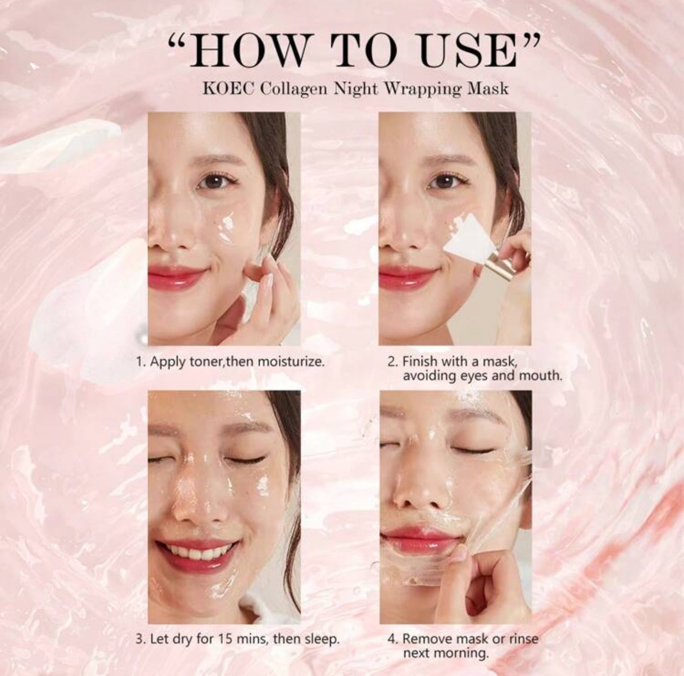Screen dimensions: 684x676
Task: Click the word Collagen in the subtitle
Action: click(x=294, y=90)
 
